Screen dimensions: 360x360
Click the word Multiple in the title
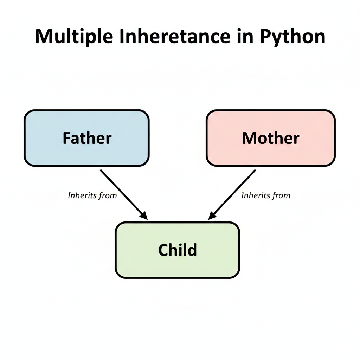tap(73, 36)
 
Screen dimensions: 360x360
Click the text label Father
tap(87, 138)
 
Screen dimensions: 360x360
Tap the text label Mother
tap(270, 138)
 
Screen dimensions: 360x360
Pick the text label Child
tap(178, 250)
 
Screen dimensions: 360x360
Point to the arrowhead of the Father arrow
tap(144, 216)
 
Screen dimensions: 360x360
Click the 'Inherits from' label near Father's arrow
tap(92, 195)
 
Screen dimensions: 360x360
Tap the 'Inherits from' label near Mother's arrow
tap(265, 195)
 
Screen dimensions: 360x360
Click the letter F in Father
tap(66, 138)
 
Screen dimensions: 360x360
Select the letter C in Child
tap(164, 250)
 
